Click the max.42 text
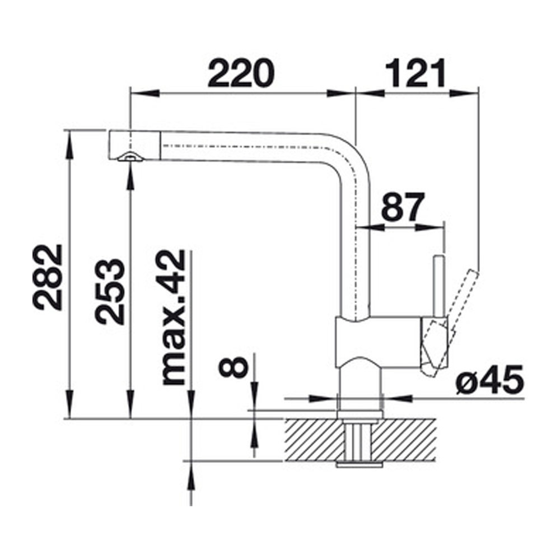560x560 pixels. (x=172, y=317)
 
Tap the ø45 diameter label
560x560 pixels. (x=489, y=381)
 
